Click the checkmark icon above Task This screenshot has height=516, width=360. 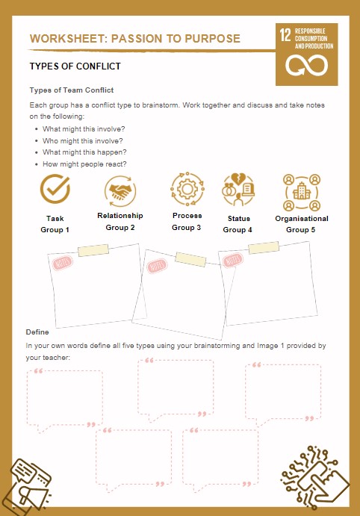(x=55, y=189)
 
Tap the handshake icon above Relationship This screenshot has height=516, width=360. (x=120, y=191)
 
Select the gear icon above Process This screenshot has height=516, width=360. (x=187, y=189)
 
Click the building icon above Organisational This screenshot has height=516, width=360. (x=302, y=192)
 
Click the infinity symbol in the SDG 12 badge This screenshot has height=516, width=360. (x=307, y=65)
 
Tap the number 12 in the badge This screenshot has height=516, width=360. (x=285, y=35)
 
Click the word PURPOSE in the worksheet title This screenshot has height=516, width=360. (x=212, y=39)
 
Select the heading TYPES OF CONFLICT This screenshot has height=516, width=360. (x=75, y=66)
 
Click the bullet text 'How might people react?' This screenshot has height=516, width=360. (x=84, y=164)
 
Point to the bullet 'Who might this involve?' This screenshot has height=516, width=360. (x=83, y=141)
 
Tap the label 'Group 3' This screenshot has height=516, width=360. (x=186, y=228)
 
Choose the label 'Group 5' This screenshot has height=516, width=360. (x=300, y=230)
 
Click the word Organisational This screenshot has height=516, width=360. (x=302, y=219)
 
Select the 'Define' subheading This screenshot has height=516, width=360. (x=37, y=332)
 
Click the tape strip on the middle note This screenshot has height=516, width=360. (x=190, y=259)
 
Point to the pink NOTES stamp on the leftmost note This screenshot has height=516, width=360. (x=62, y=264)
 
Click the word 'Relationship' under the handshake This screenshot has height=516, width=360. (x=120, y=216)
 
